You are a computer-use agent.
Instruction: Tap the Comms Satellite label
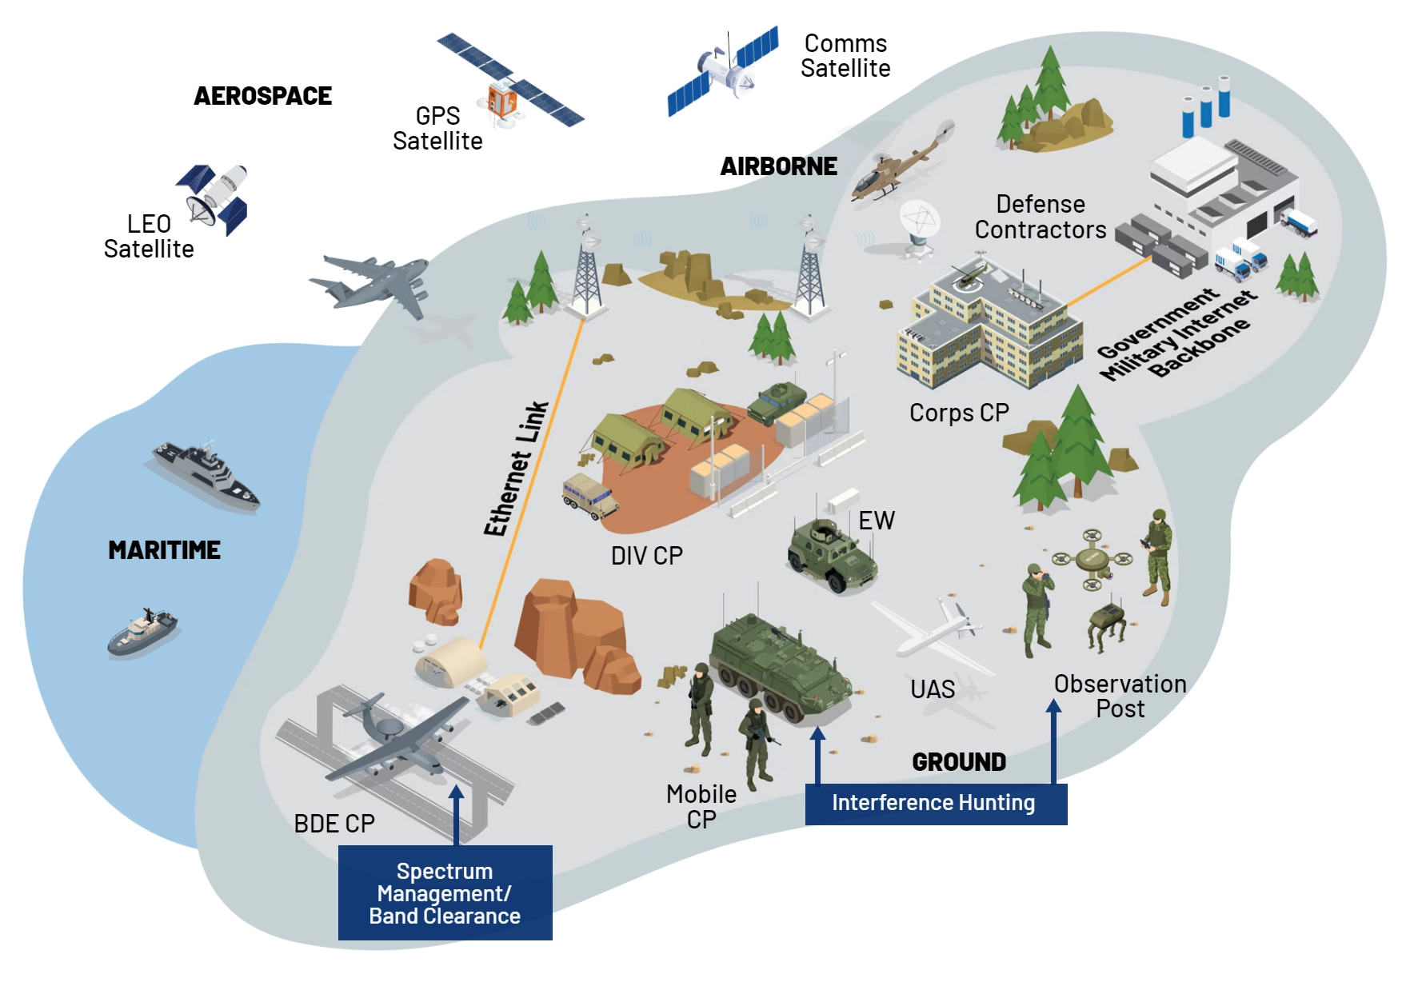pyautogui.click(x=845, y=56)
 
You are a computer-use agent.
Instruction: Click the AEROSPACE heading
pyautogui.click(x=262, y=96)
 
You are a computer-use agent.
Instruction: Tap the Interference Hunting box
pyautogui.click(x=935, y=803)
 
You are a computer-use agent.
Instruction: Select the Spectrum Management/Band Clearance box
pyautogui.click(x=445, y=892)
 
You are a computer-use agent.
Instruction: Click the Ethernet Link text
pyautogui.click(x=516, y=469)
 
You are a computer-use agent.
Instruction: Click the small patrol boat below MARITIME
pyautogui.click(x=142, y=631)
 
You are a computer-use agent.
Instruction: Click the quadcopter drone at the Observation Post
pyautogui.click(x=1092, y=559)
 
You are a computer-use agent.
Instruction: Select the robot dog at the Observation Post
pyautogui.click(x=1108, y=625)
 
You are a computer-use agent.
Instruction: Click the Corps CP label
pyautogui.click(x=959, y=413)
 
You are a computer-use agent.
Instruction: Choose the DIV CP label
pyautogui.click(x=646, y=556)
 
